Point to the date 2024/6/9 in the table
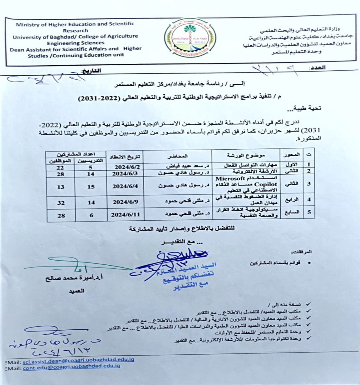pyautogui.click(x=125, y=202)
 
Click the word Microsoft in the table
pyautogui.click(x=230, y=178)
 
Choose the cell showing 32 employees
pyautogui.click(x=61, y=202)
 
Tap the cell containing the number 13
pyautogui.click(x=61, y=187)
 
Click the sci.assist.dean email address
pyautogui.click(x=78, y=359)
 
